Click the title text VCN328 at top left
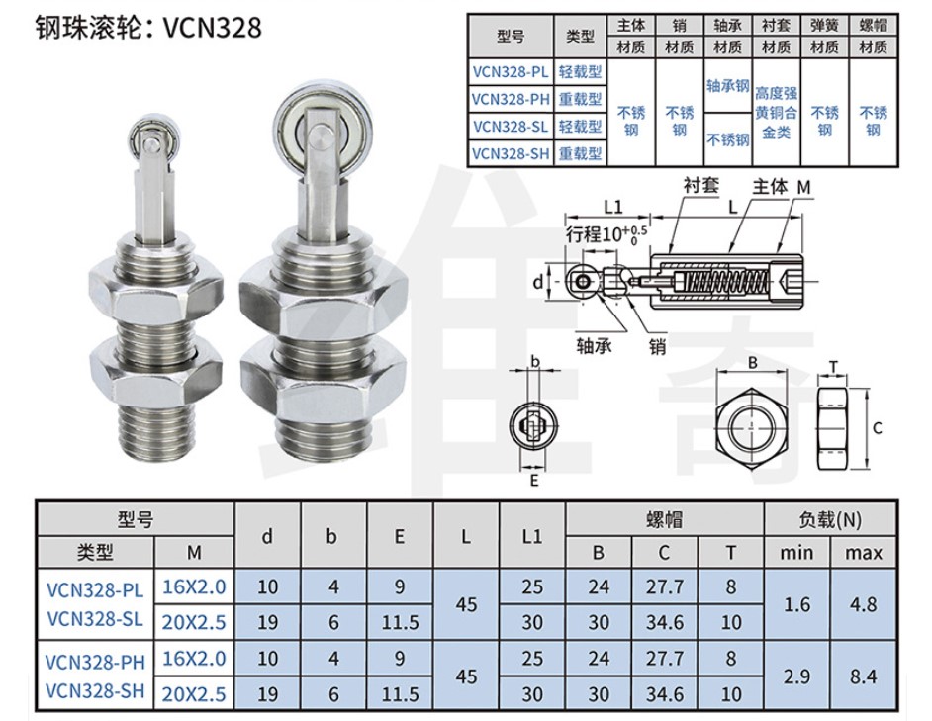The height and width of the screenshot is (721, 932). point(212,28)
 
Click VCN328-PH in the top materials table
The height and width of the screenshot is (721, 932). point(511,99)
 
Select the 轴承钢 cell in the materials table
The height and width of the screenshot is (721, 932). point(727,86)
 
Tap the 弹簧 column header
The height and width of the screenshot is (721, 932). point(824,25)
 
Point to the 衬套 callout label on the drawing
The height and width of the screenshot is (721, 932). point(701,186)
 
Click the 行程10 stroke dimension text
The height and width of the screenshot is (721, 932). point(606,233)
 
